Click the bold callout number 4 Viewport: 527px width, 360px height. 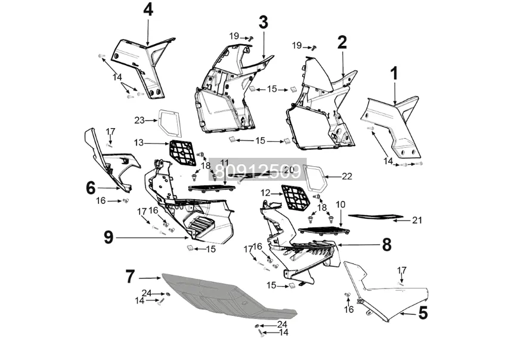pos(148,10)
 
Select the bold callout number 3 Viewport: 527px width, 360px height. pos(263,23)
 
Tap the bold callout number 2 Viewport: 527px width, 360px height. pos(342,42)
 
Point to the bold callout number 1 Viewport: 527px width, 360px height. pos(394,74)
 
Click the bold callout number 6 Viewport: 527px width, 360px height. pos(91,188)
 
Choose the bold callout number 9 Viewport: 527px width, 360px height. pos(108,238)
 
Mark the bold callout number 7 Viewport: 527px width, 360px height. pos(130,277)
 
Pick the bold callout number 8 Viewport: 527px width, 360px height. pos(386,244)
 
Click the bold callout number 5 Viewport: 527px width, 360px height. pos(423,313)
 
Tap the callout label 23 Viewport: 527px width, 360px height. pos(139,120)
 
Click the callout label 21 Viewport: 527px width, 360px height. pos(417,220)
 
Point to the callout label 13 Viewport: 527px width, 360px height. pos(139,142)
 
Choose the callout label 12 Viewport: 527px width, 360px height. pos(265,193)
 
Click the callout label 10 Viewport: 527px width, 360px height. pos(340,204)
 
